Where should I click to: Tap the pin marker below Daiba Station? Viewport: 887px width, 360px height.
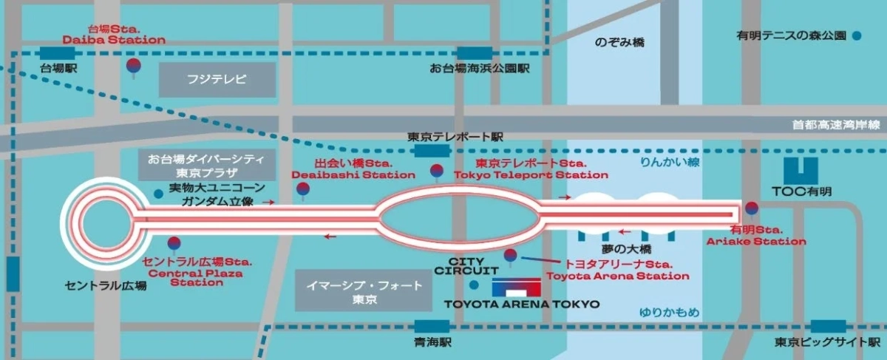tap(134, 68)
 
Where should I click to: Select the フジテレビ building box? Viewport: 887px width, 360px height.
tap(217, 79)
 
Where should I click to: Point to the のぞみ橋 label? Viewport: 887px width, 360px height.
tap(619, 42)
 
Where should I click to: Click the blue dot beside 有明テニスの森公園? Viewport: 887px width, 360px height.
tap(856, 35)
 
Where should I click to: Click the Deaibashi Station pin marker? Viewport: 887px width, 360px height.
tap(302, 190)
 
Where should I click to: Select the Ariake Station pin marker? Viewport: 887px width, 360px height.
tap(752, 209)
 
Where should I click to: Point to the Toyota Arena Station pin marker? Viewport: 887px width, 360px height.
tap(510, 257)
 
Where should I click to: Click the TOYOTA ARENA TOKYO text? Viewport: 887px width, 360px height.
tap(521, 304)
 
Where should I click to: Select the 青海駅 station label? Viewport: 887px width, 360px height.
tap(432, 342)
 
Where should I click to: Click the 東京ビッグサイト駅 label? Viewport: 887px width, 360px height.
tap(827, 342)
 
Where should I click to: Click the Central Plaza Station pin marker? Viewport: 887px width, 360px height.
tap(174, 244)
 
